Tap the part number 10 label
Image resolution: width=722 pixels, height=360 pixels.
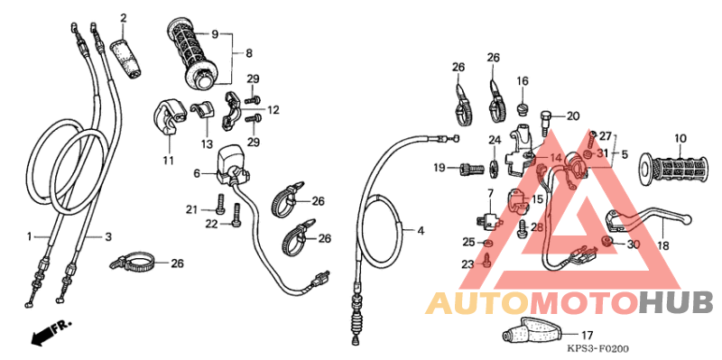point(680,139)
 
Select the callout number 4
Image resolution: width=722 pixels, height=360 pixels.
point(420,231)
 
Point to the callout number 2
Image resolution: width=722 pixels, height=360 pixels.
point(123,18)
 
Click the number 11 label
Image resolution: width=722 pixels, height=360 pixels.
point(168,162)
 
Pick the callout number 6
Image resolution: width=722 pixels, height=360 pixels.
point(196,173)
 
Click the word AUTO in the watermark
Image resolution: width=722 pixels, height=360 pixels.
point(478,302)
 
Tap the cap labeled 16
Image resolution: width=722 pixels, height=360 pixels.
point(522,109)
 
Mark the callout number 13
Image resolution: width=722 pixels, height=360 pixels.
point(206,143)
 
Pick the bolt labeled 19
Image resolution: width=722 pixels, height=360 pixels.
point(470,168)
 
